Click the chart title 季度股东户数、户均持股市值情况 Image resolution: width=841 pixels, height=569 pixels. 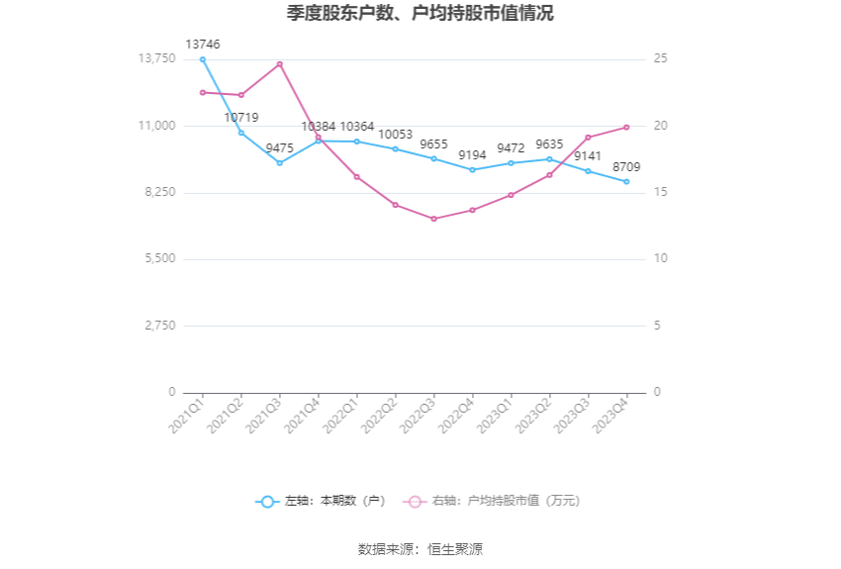pos(420,14)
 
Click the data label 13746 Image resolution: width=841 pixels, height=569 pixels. pos(203,45)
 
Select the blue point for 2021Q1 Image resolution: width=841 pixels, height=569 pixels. pos(203,59)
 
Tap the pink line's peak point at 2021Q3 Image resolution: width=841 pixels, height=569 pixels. pos(280,64)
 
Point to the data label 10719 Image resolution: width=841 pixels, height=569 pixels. pos(241,118)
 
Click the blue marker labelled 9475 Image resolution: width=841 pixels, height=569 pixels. pos(280,163)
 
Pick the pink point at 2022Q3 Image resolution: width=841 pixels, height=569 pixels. pos(433,219)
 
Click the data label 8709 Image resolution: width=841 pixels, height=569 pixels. pos(625,167)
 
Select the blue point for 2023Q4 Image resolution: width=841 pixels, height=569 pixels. pos(626,182)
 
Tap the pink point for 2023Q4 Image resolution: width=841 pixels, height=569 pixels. pos(626,127)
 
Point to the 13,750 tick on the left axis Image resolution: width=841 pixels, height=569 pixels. pos(156,59)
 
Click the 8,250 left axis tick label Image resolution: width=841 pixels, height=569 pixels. pos(159,192)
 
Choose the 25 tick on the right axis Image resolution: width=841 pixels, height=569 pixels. pos(661,59)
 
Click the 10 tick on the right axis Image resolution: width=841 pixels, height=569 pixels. pos(661,259)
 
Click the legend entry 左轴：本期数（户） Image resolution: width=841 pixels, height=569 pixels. pos(323,502)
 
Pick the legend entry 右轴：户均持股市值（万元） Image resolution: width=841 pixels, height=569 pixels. pos(494,502)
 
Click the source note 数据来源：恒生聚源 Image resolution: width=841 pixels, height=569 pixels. pos(420,549)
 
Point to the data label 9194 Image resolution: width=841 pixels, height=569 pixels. pos(472,155)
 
